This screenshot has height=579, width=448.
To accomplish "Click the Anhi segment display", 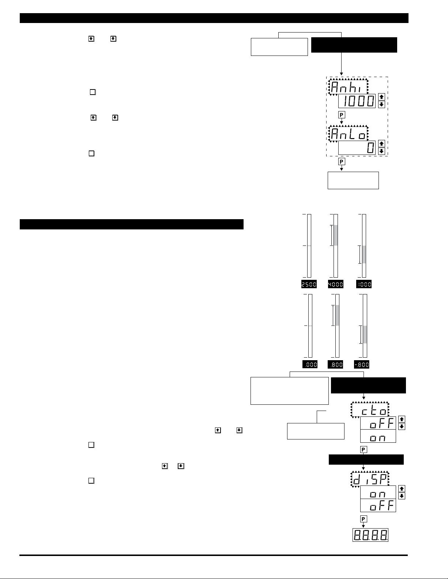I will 349,87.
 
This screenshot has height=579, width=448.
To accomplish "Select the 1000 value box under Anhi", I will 357,101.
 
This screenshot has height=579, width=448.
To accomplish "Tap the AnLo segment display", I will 349,134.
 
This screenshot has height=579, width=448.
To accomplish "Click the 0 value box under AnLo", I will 357,148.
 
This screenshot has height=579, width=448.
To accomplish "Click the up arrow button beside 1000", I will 381,97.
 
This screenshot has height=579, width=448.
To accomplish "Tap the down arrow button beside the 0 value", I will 381,151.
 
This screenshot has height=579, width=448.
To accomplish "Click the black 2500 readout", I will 309,284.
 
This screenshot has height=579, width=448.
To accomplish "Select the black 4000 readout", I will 336,284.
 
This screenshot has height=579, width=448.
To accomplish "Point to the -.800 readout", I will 362,364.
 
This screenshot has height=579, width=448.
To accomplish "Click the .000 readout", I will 310,364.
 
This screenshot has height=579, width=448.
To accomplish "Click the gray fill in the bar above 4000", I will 336,235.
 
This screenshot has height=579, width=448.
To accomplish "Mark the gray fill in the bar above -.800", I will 365,334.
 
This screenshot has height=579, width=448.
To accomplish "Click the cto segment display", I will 370,410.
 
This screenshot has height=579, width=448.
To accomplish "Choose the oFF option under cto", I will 378,423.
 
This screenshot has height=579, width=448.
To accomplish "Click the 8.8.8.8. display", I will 370,535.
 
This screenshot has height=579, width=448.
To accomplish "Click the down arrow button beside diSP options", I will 402,496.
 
